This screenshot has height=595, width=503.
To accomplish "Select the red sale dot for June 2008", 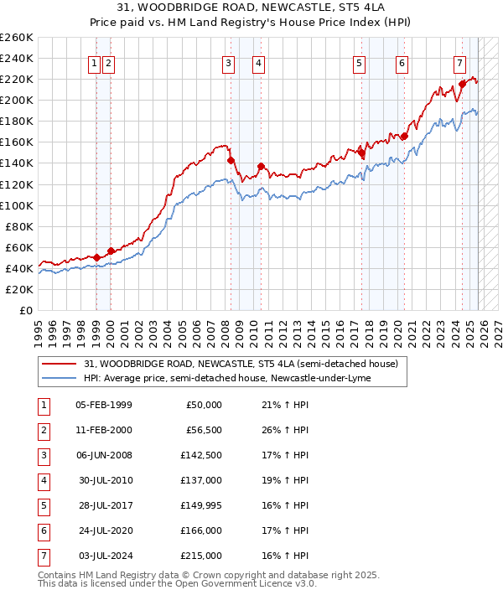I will pos(230,160).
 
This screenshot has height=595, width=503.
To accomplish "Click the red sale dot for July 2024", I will pos(462,84).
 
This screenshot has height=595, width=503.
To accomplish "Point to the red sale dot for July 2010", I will pos(261,166).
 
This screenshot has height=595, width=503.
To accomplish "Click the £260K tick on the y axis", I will pos(17,38).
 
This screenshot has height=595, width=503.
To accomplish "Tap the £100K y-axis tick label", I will pos(17,205).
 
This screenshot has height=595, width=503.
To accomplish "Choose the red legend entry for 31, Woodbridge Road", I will pos(246,363).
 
